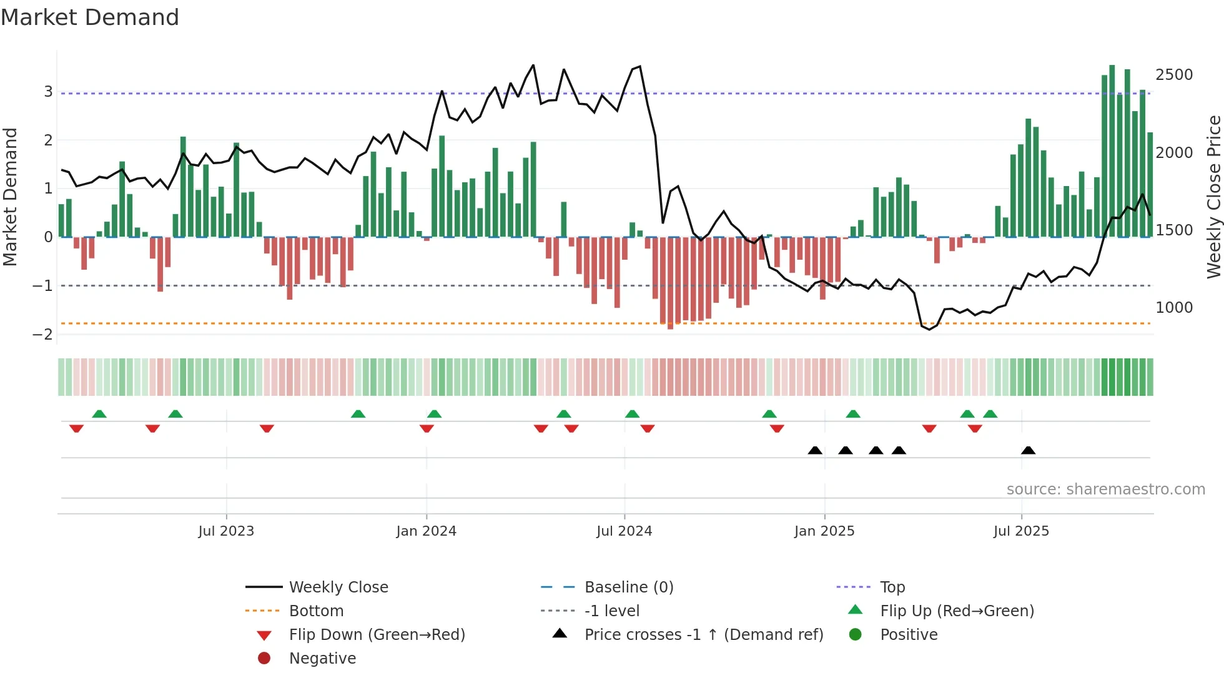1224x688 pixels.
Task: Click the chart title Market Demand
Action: click(x=90, y=17)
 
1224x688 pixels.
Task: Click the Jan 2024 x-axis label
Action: click(x=426, y=531)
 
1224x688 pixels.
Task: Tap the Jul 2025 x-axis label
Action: click(x=1021, y=531)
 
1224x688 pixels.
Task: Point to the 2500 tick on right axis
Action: click(x=1174, y=75)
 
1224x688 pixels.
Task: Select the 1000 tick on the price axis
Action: click(x=1174, y=308)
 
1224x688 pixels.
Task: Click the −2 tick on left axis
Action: click(x=42, y=335)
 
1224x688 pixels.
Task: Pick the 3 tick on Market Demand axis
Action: click(x=48, y=92)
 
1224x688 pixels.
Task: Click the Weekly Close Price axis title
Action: click(x=1213, y=197)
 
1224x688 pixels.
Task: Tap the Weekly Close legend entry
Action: click(x=338, y=587)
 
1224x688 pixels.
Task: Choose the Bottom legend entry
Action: click(x=316, y=611)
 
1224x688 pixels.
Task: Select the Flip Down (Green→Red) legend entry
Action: click(x=377, y=635)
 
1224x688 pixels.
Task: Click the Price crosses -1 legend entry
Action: click(x=704, y=635)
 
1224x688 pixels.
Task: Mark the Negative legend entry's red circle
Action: click(x=264, y=658)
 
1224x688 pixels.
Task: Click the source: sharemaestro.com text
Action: click(x=1105, y=489)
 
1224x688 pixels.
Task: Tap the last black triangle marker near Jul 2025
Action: click(x=1028, y=450)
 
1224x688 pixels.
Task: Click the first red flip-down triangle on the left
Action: click(x=76, y=428)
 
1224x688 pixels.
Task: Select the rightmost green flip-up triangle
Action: click(x=990, y=414)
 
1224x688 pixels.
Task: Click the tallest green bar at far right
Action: click(x=1112, y=150)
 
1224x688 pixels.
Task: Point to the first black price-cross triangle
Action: click(x=815, y=450)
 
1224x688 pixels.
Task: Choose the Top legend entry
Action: click(x=892, y=587)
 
